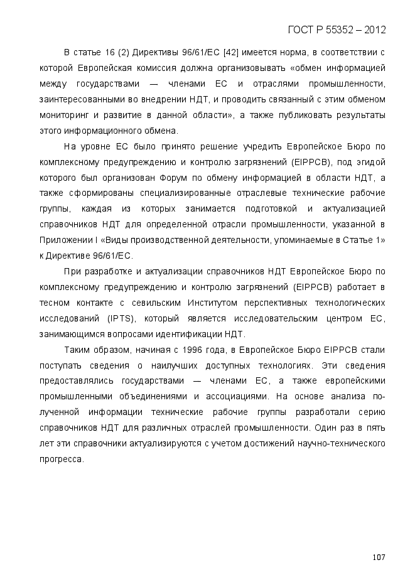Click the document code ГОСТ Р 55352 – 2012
point(337,30)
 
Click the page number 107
point(378,557)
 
